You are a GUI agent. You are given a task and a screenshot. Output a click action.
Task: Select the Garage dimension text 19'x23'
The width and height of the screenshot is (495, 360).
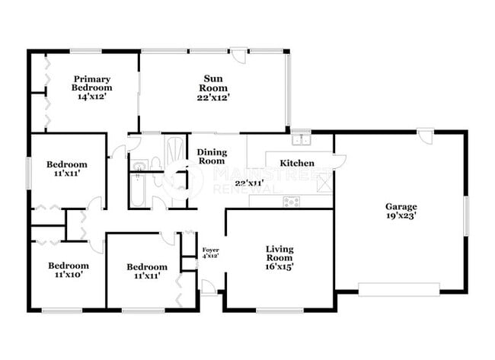(x=401, y=215)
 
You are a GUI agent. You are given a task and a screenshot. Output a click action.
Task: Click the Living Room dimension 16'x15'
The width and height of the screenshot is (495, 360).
(x=280, y=266)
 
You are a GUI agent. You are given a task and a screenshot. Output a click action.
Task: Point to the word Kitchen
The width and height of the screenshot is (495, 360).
(x=297, y=163)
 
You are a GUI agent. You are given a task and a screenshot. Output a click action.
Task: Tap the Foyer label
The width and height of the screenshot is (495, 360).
(x=210, y=249)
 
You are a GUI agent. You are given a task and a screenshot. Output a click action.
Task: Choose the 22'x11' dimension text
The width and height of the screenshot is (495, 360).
(x=249, y=183)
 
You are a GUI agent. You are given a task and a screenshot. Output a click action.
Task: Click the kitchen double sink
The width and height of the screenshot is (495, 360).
(x=302, y=140)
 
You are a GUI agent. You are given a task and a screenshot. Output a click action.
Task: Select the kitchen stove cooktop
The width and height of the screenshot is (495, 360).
(x=291, y=202)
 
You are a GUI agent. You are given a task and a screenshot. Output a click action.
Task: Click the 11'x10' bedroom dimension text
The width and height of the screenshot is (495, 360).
(x=69, y=276)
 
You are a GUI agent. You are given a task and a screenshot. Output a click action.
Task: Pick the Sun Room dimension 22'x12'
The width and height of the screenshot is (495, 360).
(x=212, y=97)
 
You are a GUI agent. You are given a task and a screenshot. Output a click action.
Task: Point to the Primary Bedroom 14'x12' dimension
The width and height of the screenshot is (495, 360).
(x=92, y=97)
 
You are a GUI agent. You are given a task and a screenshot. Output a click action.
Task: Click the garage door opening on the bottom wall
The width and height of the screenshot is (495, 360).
(x=398, y=289)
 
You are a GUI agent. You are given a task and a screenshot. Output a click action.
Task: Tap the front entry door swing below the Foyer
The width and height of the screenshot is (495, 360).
(x=208, y=287)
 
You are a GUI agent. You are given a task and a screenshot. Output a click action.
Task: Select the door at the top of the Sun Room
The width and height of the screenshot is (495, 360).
(x=238, y=55)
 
